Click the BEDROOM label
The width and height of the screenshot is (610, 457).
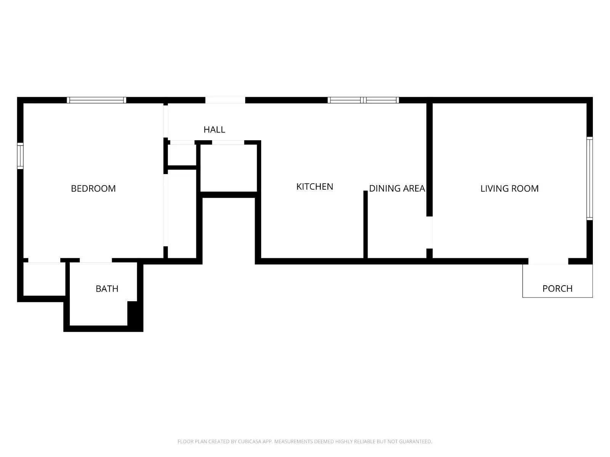93,189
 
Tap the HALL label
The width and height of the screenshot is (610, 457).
214,130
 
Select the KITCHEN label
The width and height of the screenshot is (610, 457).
315,187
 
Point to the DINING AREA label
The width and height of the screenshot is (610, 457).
396,189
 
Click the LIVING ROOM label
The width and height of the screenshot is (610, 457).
509,189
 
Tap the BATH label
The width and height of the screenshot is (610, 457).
107,289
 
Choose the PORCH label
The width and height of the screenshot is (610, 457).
557,289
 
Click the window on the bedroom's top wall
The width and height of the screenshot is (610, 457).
96,100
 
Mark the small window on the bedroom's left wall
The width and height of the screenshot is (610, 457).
20,156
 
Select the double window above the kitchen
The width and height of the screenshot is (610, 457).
363,100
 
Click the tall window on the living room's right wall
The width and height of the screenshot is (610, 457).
589,178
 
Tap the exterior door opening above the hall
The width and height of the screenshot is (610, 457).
225,100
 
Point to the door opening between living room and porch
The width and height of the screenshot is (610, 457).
548,262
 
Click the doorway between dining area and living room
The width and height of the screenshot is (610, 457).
430,232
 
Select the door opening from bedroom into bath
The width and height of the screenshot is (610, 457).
96,260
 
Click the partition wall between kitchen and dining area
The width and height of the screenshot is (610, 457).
365,225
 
